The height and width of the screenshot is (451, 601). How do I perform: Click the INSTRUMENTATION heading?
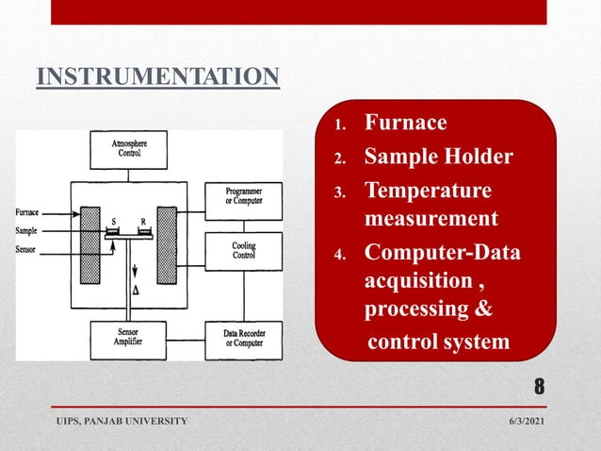point(158,75)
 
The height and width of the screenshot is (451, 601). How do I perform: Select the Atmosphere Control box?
point(128,148)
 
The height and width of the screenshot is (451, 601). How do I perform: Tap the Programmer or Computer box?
point(243,200)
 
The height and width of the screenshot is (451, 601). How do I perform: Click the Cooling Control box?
point(243,250)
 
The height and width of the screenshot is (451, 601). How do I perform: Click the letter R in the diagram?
point(143,223)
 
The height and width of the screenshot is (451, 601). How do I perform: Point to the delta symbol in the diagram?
point(138,292)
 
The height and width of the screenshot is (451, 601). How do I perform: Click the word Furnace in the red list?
point(405,123)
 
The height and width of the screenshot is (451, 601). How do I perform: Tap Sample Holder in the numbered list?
point(438,156)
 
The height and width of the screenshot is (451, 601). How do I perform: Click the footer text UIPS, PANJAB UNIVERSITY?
point(120,419)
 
